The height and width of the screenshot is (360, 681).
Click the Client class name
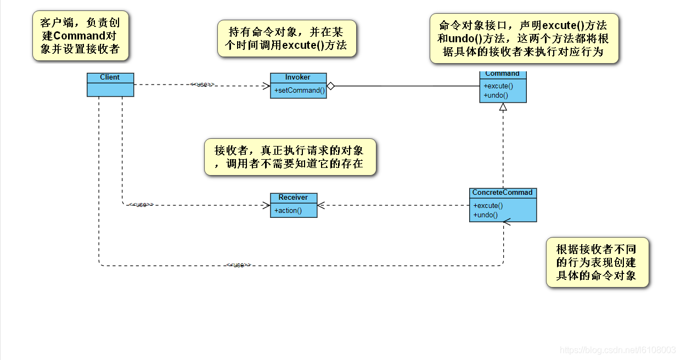pyautogui.click(x=110, y=77)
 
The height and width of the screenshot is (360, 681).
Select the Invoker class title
pyautogui.click(x=297, y=77)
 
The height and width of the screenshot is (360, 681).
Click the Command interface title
pyautogui.click(x=502, y=74)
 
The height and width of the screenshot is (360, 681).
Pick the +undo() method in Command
pyautogui.click(x=496, y=95)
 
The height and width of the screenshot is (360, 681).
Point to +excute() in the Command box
pyautogui.click(x=498, y=86)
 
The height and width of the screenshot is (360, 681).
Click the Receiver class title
pyautogui.click(x=293, y=198)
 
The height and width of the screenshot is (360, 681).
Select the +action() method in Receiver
pyautogui.click(x=288, y=210)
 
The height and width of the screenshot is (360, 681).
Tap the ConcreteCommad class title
pyautogui.click(x=502, y=193)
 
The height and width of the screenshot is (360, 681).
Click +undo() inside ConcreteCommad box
pyautogui.click(x=486, y=215)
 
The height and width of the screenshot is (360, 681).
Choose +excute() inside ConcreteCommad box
pyautogui.click(x=488, y=206)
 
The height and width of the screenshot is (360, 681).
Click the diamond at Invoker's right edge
pyautogui.click(x=330, y=86)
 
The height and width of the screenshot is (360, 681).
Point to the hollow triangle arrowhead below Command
pyautogui.click(x=503, y=108)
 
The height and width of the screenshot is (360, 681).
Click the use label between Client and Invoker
pyautogui.click(x=201, y=85)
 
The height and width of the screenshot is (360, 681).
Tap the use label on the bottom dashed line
pyautogui.click(x=238, y=265)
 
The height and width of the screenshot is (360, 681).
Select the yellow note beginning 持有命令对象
pyautogui.click(x=287, y=38)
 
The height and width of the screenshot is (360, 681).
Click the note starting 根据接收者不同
pyautogui.click(x=597, y=262)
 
